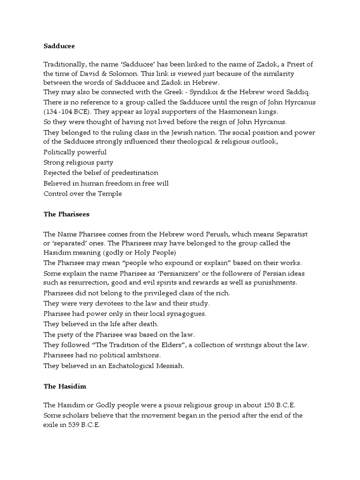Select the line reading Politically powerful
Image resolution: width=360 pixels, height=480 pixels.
(75, 152)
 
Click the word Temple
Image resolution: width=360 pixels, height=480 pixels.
(112, 193)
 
